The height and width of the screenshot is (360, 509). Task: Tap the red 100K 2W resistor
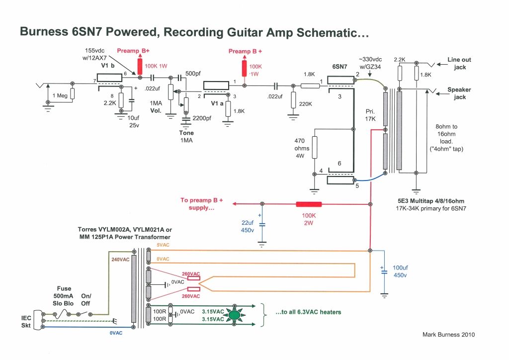pos(309,204)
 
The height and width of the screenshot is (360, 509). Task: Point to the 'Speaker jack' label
pos(459,93)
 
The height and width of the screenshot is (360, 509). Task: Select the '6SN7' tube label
pos(340,66)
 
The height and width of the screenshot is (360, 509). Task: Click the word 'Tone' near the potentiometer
pos(186,133)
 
